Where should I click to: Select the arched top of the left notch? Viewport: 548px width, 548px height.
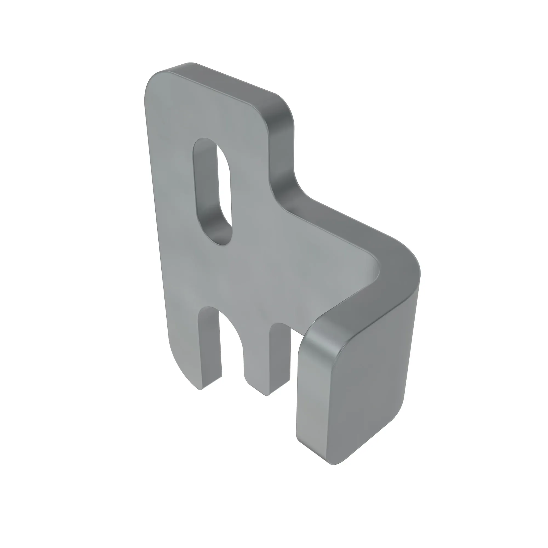click(210, 308)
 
